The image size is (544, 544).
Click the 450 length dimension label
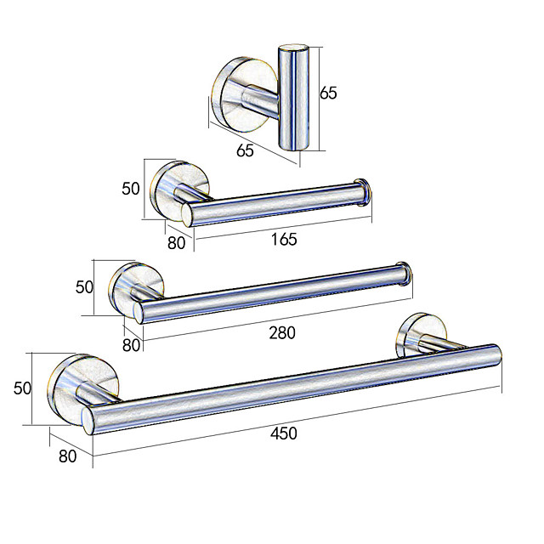pos(283,433)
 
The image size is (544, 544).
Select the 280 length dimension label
pos(282,332)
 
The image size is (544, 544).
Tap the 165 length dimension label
pos(284,240)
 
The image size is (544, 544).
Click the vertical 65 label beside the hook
pos(328,93)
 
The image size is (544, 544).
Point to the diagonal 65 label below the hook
pos(245,150)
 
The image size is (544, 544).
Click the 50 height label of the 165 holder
pos(130,189)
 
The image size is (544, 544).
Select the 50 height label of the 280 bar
pos(84,287)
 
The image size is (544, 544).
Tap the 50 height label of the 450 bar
pos(22,388)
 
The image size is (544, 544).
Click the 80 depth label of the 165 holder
pos(176,243)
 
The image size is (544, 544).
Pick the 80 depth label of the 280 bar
pos(131,345)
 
